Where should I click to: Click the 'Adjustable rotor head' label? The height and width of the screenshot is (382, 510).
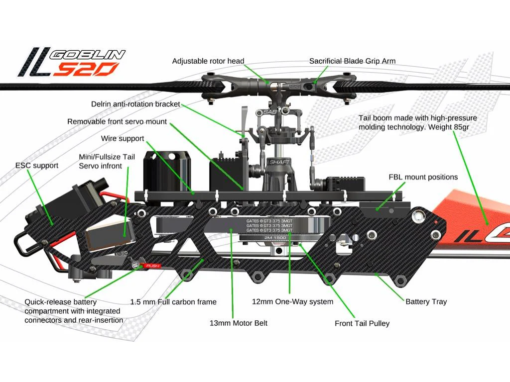click(208, 61)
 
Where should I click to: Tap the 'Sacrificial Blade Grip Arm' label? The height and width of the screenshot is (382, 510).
click(352, 61)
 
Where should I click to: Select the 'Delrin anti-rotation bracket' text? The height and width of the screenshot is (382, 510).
click(135, 104)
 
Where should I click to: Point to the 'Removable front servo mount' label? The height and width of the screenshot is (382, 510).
click(117, 122)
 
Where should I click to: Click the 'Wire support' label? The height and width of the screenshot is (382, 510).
click(123, 139)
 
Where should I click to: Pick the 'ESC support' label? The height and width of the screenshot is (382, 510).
click(37, 165)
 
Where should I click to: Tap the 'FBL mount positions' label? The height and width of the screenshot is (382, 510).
click(423, 177)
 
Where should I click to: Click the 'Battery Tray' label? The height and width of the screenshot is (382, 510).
click(426, 301)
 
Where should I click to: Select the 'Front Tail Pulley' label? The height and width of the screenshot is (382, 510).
click(362, 323)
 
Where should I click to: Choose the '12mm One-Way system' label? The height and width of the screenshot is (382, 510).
click(292, 301)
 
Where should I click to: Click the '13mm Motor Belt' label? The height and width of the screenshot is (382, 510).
click(239, 323)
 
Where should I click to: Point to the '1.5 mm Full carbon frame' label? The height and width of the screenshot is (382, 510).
click(173, 301)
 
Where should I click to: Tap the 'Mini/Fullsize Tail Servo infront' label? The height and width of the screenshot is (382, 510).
click(107, 161)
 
